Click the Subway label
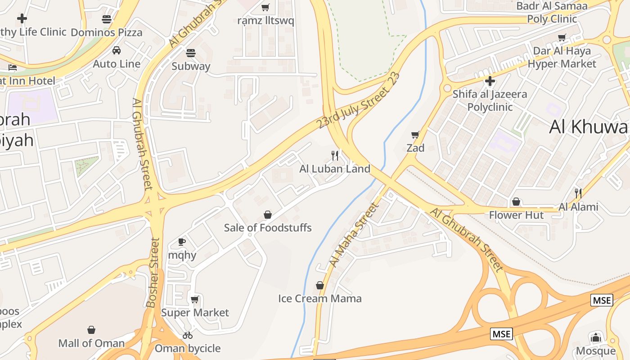[191, 66]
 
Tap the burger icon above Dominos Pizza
[107, 19]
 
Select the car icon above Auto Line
[117, 50]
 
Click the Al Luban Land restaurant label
[335, 169]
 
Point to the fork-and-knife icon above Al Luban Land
[335, 156]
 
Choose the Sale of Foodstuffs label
[268, 228]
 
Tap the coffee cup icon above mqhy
[182, 242]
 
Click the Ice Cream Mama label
[319, 298]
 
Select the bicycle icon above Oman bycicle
[188, 335]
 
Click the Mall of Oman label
[91, 343]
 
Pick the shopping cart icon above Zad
[415, 135]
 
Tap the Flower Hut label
[516, 215]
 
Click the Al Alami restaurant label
[578, 207]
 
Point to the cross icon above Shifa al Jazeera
[490, 81]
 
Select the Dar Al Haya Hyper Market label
[562, 58]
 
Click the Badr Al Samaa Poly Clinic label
[552, 13]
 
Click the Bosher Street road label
[153, 273]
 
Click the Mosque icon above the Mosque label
[596, 337]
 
